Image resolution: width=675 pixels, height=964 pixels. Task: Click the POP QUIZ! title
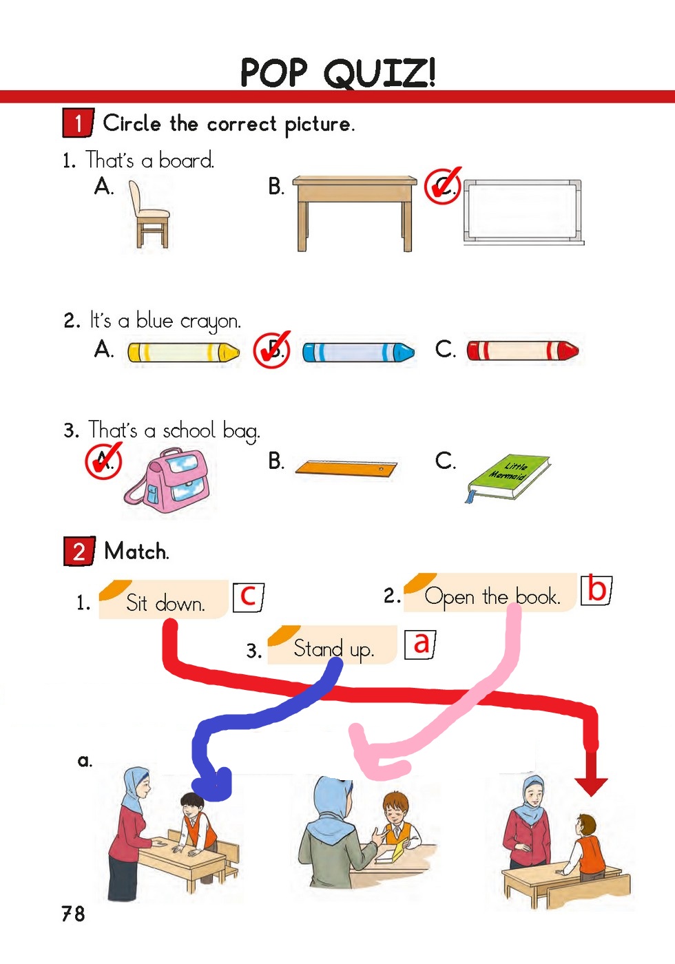pos(337,72)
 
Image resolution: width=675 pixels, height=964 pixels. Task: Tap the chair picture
pos(148,215)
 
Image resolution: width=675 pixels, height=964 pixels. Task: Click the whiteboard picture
pos(522,211)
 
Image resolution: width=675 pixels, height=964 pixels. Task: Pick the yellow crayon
pos(183,353)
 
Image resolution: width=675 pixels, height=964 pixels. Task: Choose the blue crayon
pos(358,353)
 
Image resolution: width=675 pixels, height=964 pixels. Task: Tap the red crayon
pos(522,351)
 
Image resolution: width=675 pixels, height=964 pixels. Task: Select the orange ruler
pos(346,470)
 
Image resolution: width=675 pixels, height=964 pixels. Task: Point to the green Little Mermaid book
pos(508,476)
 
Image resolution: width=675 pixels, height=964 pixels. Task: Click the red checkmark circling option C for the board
pos(442,186)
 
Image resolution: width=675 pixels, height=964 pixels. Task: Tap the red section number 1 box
pos(79,123)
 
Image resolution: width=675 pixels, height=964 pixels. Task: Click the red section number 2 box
pos(79,552)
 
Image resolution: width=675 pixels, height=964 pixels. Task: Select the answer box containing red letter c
pos(248,596)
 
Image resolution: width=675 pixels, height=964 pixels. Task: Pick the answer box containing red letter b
pos(596,590)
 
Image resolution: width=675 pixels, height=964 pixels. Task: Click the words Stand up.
pos(333,649)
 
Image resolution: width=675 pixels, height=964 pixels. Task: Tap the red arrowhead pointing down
pos(591,785)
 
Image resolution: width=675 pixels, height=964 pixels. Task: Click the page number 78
pos(73,914)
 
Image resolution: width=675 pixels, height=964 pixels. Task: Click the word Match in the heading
pos(136,552)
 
